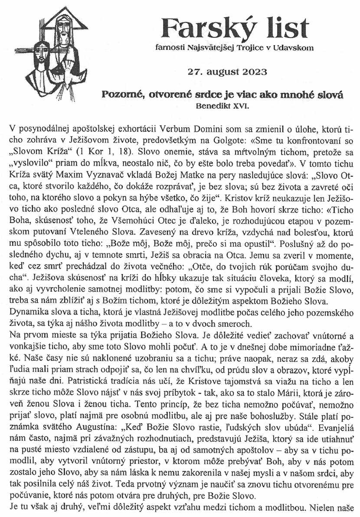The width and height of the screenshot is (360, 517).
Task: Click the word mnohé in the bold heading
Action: (x=295, y=94)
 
